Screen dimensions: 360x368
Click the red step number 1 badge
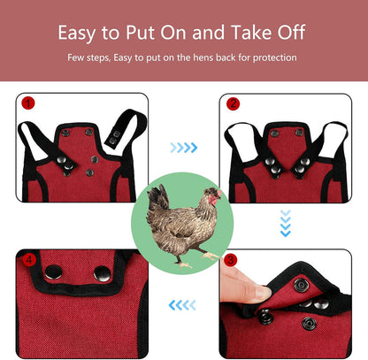(27, 103)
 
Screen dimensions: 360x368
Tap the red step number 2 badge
(234, 103)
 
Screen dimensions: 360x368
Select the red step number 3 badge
(231, 260)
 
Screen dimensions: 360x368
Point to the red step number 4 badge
(27, 260)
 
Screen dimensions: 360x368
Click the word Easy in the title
(78, 34)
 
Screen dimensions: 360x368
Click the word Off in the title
(290, 34)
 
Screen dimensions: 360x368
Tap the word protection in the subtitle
(272, 57)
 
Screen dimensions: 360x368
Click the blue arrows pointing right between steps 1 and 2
(183, 148)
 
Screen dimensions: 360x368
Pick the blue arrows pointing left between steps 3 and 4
(182, 305)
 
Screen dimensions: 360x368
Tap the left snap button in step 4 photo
(54, 272)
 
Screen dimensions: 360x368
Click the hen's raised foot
(212, 256)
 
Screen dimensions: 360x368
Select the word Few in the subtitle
(75, 57)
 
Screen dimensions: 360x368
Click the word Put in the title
(142, 34)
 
